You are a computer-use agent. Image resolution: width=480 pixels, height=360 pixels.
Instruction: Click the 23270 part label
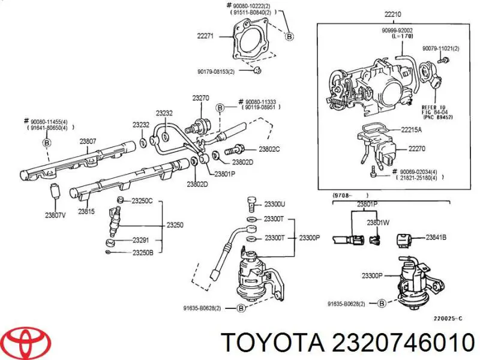tap(200, 98)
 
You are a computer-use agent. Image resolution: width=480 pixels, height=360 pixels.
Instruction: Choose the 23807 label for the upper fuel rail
tap(88, 142)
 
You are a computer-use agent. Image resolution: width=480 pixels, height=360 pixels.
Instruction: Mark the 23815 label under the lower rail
tap(86, 212)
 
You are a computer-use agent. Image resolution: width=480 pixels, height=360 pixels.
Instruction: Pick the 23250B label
tap(142, 252)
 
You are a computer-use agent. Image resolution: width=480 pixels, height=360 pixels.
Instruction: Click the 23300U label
tap(275, 204)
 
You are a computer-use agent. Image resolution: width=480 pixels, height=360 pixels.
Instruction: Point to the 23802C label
tap(269, 149)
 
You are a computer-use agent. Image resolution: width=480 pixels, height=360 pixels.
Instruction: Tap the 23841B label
tap(436, 238)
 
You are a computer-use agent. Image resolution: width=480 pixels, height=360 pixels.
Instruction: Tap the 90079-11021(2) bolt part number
tap(439, 49)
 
